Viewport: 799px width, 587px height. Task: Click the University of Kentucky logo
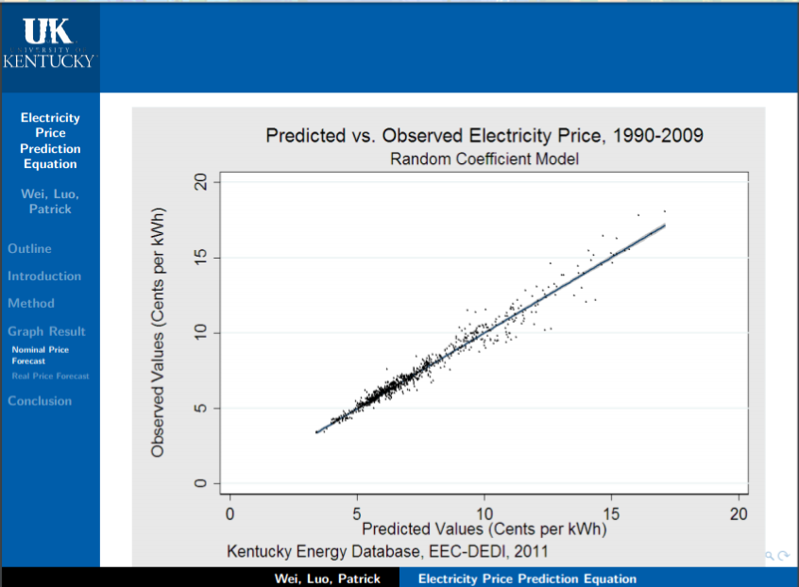coord(49,45)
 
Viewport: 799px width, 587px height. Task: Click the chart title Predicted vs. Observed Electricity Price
coord(484,135)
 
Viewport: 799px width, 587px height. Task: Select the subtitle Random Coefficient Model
coord(484,159)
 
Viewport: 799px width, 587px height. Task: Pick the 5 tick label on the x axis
coord(357,513)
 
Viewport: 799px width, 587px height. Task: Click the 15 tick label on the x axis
coord(611,513)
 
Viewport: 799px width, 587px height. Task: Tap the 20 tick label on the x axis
coord(739,513)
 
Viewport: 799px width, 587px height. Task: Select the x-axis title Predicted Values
coord(484,529)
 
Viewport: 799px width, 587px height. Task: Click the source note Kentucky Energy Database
coord(387,550)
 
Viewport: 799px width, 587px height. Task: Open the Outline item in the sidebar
coord(30,249)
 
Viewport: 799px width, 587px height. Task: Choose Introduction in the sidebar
coord(44,277)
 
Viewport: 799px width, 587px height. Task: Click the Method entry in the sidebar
coord(31,304)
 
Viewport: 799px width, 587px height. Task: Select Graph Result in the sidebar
coord(46,331)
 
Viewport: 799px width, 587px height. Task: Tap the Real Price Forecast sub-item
coord(50,376)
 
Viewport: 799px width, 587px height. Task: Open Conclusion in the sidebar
coord(40,401)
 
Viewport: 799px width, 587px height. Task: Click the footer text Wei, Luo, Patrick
coord(327,579)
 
